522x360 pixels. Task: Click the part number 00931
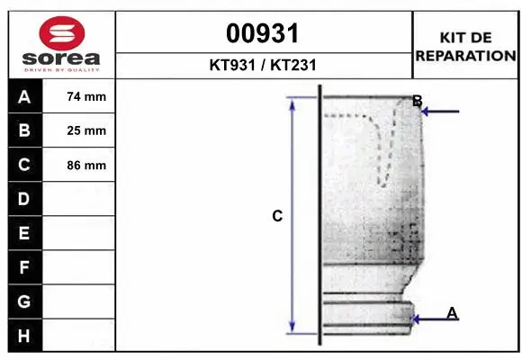(x=263, y=34)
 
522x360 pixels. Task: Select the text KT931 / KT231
(x=263, y=65)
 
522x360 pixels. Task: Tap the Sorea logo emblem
(x=62, y=34)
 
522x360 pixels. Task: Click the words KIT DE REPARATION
(x=464, y=46)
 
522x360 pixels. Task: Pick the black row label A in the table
(x=24, y=96)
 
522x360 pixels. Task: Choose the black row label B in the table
(x=24, y=130)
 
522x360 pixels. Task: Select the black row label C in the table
(x=24, y=165)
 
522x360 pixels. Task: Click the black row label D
(x=24, y=199)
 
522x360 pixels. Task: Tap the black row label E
(x=24, y=233)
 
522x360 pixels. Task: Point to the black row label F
(x=24, y=267)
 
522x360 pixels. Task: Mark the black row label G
(x=24, y=301)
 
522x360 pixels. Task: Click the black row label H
(x=24, y=336)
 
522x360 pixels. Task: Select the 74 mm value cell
(x=86, y=96)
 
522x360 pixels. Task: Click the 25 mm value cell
(x=86, y=130)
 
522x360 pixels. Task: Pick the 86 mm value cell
(x=86, y=165)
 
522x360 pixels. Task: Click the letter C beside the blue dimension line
(x=277, y=216)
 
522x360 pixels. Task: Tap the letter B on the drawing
(x=417, y=101)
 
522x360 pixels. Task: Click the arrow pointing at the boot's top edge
(x=441, y=112)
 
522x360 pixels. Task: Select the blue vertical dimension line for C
(x=292, y=216)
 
